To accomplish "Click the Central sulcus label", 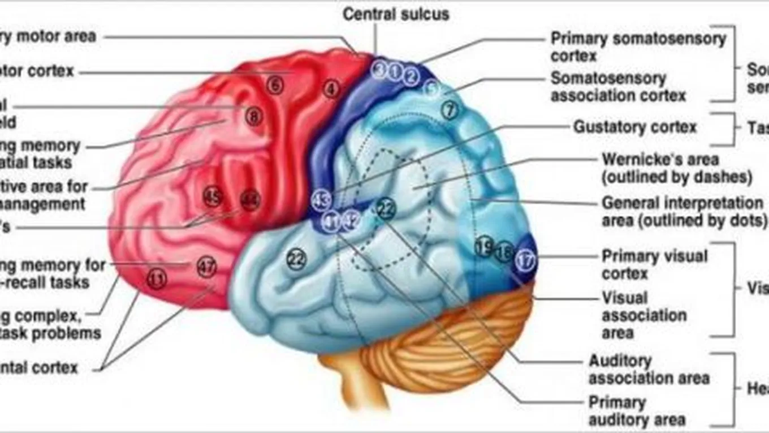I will click(x=396, y=14).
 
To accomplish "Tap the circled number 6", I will click(x=274, y=86).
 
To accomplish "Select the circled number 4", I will click(x=331, y=89).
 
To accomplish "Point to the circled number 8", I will click(x=254, y=117).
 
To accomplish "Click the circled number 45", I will click(x=213, y=197).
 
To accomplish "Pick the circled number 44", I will click(x=249, y=200).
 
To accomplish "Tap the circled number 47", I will click(x=207, y=267).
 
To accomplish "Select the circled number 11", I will click(x=157, y=278).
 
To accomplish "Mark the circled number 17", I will click(x=525, y=261).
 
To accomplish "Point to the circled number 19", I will click(x=483, y=247).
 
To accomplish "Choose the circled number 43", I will click(x=321, y=200).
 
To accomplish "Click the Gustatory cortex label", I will click(x=635, y=127).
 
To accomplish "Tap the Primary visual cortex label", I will click(x=654, y=264).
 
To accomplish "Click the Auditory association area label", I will click(x=649, y=369).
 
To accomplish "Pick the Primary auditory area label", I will click(x=637, y=411).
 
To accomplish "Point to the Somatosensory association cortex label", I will click(x=618, y=87).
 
